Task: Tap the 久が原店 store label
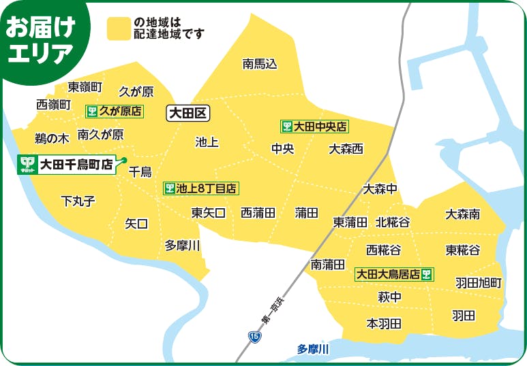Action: [115, 110]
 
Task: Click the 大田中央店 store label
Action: [314, 127]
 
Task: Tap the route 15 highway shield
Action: [254, 336]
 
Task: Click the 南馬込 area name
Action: [260, 64]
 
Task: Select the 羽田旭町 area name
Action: [479, 282]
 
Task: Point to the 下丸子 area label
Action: [78, 201]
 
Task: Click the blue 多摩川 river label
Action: [313, 349]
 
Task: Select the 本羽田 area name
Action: [384, 323]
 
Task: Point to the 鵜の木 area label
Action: [52, 138]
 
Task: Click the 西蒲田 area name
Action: [258, 213]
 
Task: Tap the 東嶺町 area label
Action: [85, 87]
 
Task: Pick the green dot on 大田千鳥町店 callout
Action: [124, 160]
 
